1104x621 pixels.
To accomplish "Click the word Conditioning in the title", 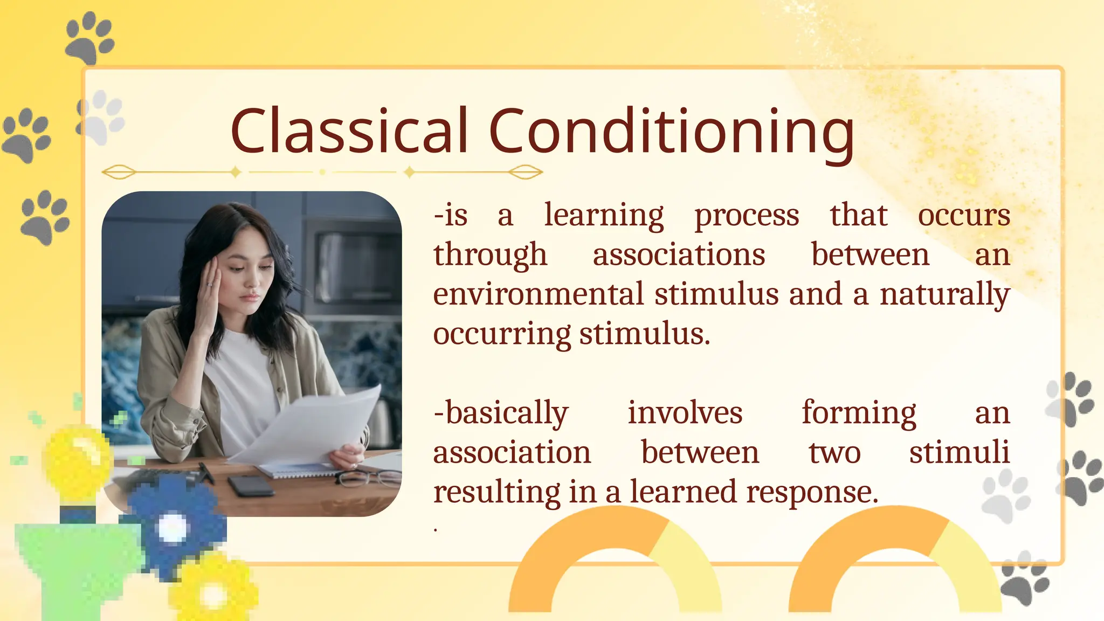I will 671,131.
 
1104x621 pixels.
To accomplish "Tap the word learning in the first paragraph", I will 604,216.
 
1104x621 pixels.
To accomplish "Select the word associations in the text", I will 679,255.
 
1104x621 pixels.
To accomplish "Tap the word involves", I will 685,413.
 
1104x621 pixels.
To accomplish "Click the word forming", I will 859,413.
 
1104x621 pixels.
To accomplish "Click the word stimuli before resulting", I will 959,452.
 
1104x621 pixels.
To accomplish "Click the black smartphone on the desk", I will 251,486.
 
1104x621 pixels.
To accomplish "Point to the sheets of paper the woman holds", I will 318,426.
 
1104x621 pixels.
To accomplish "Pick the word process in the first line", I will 747,216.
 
